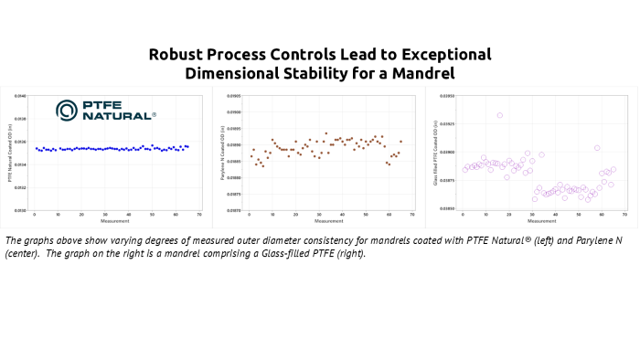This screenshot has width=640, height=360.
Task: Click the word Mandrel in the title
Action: pos(451,73)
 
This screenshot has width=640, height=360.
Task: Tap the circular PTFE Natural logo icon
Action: pos(68,111)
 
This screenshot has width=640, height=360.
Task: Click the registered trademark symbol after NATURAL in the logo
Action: pos(154,115)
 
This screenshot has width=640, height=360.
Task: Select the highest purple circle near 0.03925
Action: pos(499,115)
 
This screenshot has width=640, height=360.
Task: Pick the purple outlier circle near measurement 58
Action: pos(597,148)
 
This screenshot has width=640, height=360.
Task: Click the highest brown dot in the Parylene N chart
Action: pos(325,133)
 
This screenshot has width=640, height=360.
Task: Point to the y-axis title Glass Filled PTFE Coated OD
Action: pos(435,153)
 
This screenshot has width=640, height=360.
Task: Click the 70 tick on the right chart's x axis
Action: pos(624,215)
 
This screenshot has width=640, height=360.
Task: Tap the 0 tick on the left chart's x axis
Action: pos(34,215)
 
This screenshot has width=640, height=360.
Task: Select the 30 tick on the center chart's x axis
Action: pos(319,215)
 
